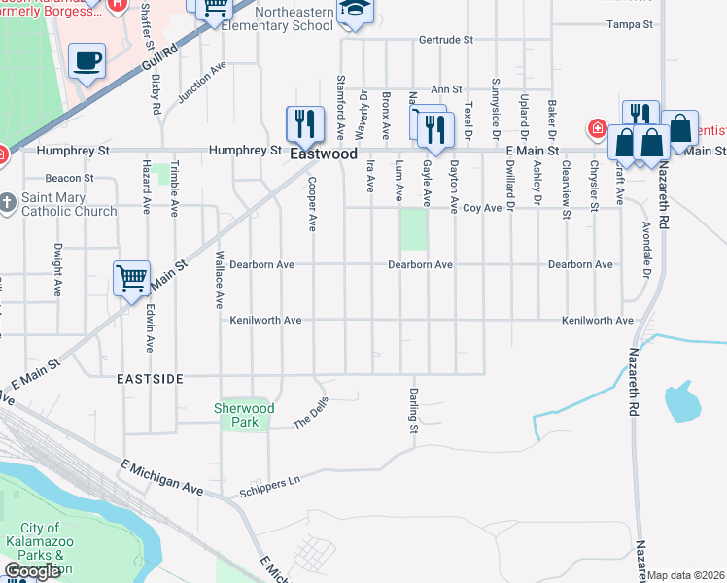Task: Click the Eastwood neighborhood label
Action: (x=323, y=154)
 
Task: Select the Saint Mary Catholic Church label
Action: (x=69, y=204)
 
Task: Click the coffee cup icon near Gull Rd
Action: (x=87, y=61)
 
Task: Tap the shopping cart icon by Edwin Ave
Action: (x=131, y=279)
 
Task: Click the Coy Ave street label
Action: (x=480, y=207)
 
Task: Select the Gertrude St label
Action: (x=445, y=41)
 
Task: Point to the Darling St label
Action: (x=413, y=410)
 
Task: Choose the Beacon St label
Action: (x=71, y=178)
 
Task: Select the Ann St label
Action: (x=445, y=88)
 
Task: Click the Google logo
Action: (x=31, y=571)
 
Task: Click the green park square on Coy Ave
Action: (x=414, y=229)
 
